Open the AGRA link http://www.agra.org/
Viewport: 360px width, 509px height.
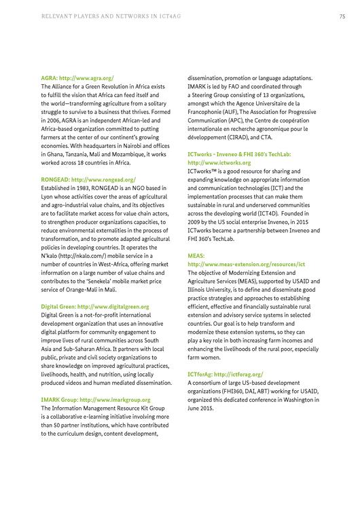88,78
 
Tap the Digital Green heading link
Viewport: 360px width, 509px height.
95,307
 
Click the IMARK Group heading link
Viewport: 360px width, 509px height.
96,400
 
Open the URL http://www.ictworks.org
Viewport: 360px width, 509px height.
219,163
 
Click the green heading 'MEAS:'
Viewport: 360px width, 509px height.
196,255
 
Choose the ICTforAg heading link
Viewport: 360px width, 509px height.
225,374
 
